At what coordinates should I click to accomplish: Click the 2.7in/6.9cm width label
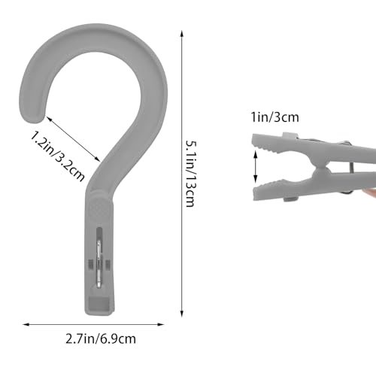(x=101, y=339)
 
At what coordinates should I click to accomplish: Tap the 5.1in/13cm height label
(x=190, y=174)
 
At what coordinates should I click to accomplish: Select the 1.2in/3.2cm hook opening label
(x=58, y=156)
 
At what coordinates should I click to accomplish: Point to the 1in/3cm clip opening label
(x=275, y=117)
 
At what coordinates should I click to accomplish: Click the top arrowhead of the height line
(x=182, y=34)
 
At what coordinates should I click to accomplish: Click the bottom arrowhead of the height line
(x=182, y=314)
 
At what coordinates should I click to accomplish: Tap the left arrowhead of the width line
(x=26, y=325)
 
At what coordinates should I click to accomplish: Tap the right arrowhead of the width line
(x=161, y=325)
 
